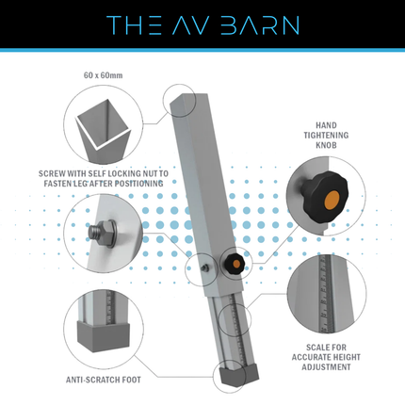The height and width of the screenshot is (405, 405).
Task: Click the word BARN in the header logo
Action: pyautogui.click(x=259, y=25)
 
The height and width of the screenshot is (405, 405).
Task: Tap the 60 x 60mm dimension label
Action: pyautogui.click(x=103, y=75)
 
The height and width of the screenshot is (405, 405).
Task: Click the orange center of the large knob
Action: pyautogui.click(x=332, y=200)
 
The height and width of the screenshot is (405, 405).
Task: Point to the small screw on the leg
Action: pyautogui.click(x=205, y=267)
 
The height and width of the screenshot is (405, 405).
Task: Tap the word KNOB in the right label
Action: pyautogui.click(x=326, y=145)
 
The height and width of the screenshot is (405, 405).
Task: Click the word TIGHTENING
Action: pyautogui.click(x=326, y=136)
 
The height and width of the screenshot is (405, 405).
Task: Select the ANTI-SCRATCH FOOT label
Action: pyautogui.click(x=104, y=380)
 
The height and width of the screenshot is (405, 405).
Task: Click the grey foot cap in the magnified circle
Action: pyautogui.click(x=104, y=335)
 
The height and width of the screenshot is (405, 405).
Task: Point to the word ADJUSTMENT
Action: pyautogui.click(x=326, y=367)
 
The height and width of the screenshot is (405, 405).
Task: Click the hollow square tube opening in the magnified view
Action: pyautogui.click(x=103, y=124)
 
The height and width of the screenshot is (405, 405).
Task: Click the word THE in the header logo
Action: pyautogui.click(x=134, y=25)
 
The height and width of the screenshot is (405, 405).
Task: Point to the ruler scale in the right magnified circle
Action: pyautogui.click(x=325, y=294)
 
